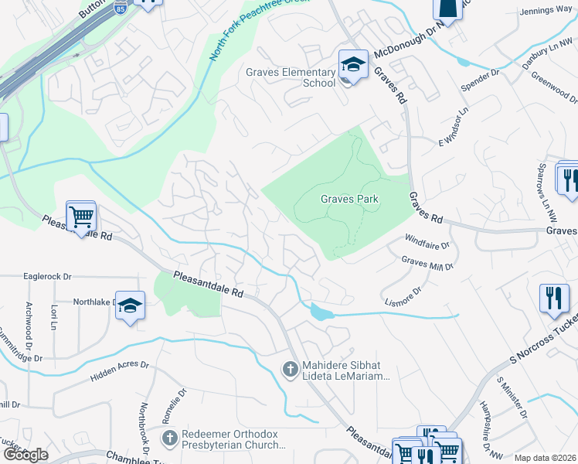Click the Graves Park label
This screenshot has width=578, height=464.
click(350, 199)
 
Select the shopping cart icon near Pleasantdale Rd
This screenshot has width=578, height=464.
click(81, 217)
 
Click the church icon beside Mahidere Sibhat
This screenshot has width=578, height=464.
click(291, 370)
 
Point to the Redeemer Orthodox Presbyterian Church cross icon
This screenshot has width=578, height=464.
click(170, 438)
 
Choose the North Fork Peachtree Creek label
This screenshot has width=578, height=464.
click(248, 31)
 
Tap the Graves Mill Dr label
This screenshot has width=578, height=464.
click(427, 263)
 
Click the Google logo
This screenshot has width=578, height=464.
click(25, 455)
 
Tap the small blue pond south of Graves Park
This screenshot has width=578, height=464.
click(319, 312)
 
